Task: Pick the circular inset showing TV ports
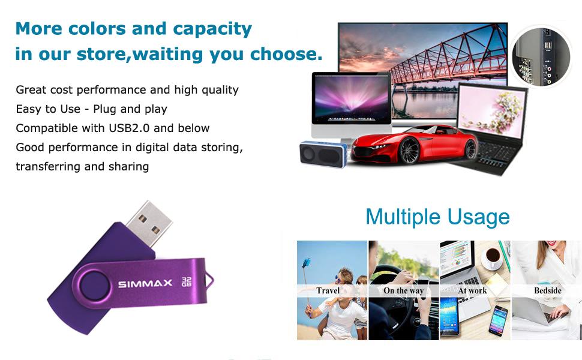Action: [541, 56]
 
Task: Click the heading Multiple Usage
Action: [437, 217]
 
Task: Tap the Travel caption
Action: [328, 291]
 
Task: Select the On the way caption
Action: [404, 291]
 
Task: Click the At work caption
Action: [473, 291]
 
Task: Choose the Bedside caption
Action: [547, 291]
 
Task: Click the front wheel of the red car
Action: [409, 152]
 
